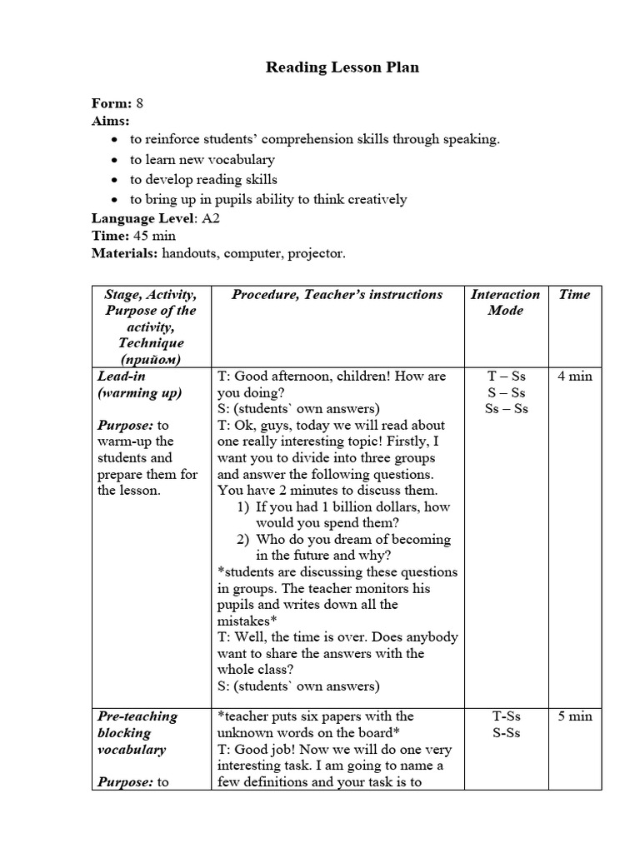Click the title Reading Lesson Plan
342,67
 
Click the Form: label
112,103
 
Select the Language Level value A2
210,218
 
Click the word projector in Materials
315,252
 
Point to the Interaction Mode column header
506,302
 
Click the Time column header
574,294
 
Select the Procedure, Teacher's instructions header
337,294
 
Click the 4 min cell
574,376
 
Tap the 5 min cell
574,716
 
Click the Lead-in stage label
122,376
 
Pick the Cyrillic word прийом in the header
151,359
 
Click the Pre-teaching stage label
137,716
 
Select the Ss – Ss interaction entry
506,408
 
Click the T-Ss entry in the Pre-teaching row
506,716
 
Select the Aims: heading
110,121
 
